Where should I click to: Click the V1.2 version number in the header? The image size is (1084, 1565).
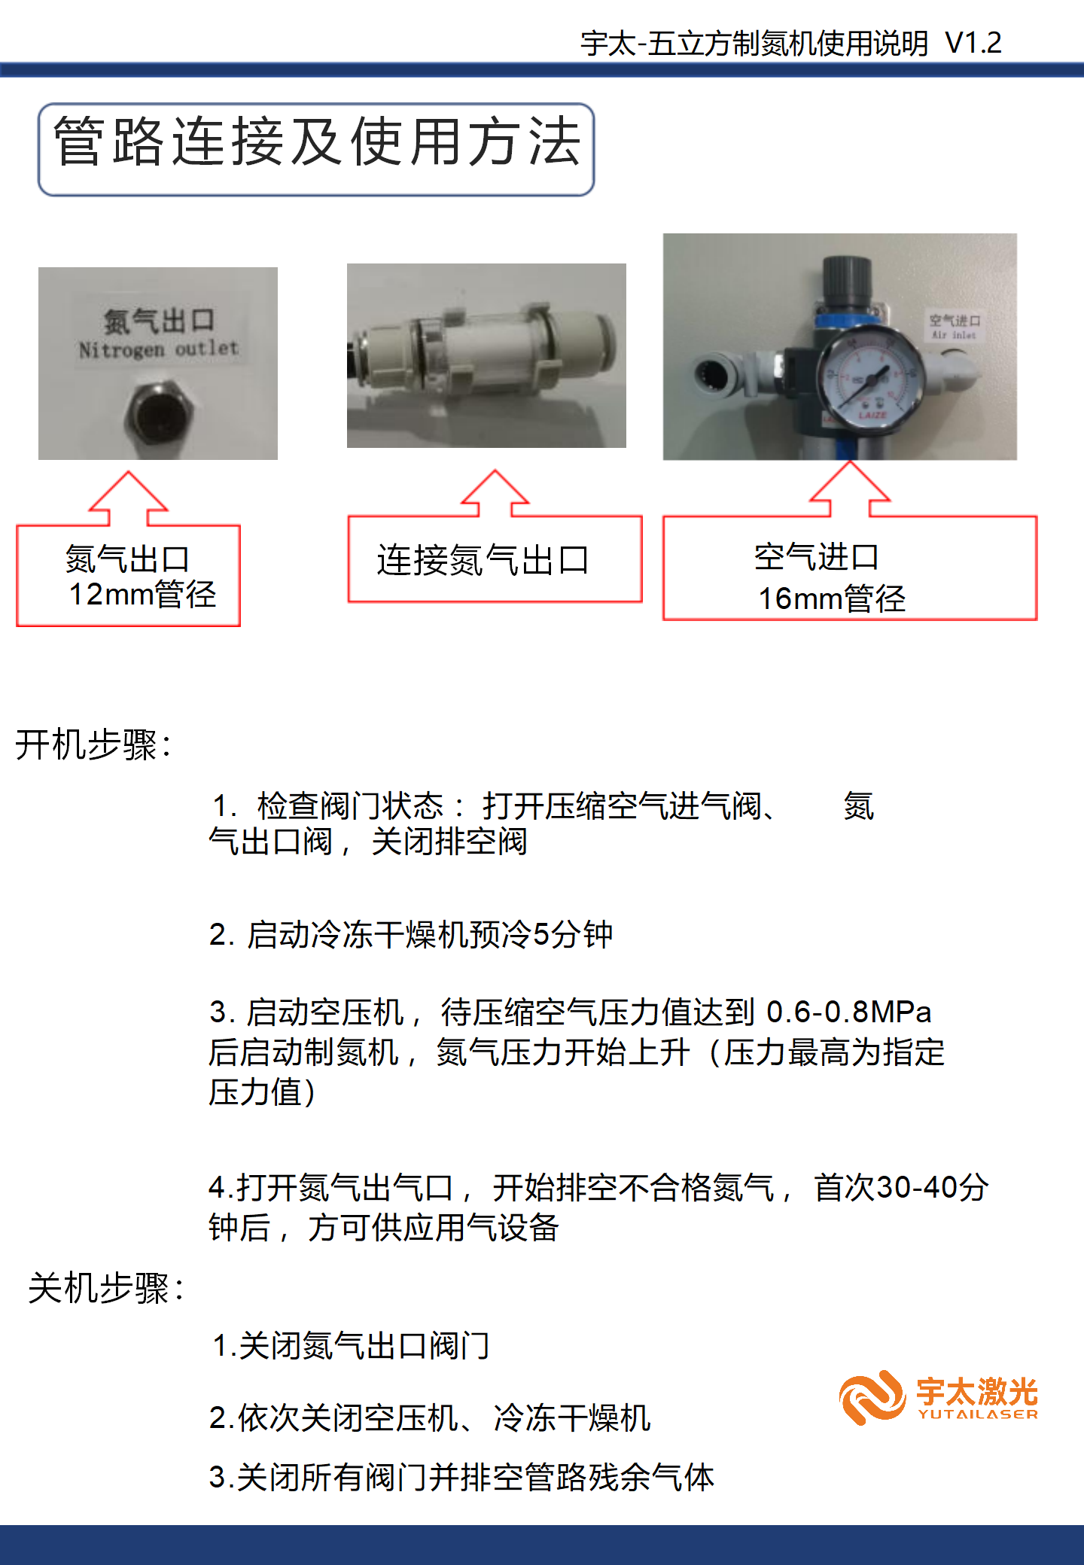[x=973, y=43]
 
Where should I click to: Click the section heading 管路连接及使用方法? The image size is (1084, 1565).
[x=317, y=142]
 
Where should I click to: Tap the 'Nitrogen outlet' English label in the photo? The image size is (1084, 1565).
[x=159, y=349]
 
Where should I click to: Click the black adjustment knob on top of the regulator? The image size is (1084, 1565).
[x=848, y=281]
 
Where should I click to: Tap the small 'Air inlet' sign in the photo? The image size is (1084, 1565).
[x=955, y=327]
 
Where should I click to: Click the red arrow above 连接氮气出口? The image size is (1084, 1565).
[x=495, y=493]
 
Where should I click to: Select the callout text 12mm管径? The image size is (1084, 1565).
[x=142, y=595]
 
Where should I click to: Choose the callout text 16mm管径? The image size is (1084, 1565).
[x=832, y=599]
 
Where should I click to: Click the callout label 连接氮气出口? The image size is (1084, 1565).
[x=483, y=560]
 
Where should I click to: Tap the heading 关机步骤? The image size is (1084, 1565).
[x=106, y=1288]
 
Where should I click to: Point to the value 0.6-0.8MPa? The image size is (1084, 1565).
[x=849, y=1012]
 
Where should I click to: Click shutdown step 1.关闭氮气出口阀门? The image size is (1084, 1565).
[x=351, y=1346]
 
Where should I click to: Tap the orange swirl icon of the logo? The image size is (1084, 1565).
[x=872, y=1397]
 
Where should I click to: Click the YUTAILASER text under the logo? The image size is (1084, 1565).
[x=978, y=1414]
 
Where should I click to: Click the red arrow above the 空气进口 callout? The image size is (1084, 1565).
[x=850, y=489]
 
